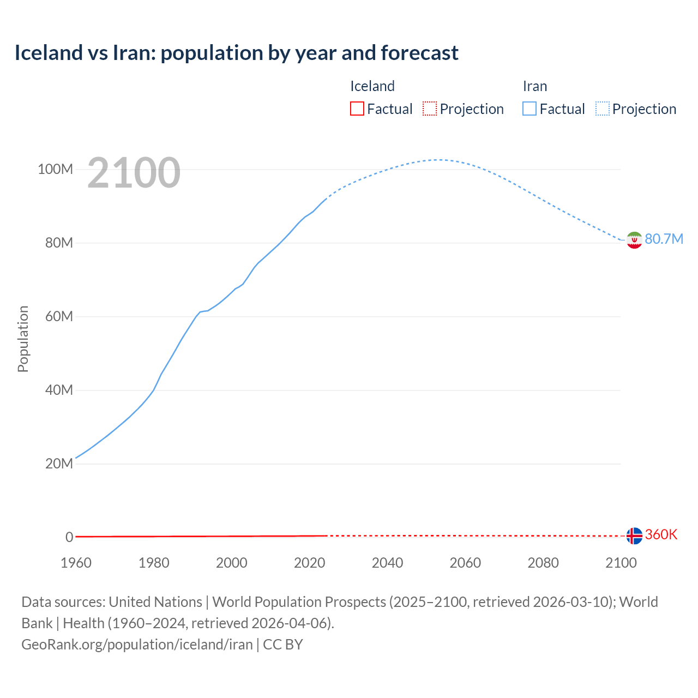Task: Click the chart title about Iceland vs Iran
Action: pos(236,53)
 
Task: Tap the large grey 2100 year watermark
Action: pos(134,173)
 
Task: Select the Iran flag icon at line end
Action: pos(634,240)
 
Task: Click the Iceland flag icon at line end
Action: pos(634,536)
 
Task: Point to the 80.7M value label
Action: pos(664,239)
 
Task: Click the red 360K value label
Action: pos(661,535)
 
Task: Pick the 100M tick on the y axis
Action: pos(55,170)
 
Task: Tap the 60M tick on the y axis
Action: pos(58,317)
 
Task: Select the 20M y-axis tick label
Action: pos(58,464)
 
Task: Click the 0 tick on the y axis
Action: pos(69,538)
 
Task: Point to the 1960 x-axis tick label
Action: pos(76,563)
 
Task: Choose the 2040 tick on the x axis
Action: pos(387,563)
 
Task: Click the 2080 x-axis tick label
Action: pos(543,563)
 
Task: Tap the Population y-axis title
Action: pos(23,339)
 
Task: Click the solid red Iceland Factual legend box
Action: pos(357,109)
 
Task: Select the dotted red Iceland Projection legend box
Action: pos(430,109)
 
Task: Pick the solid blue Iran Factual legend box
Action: pos(529,109)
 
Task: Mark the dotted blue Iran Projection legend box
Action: pos(603,109)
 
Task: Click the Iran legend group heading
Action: pos(535,87)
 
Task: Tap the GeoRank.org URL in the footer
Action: pos(137,645)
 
